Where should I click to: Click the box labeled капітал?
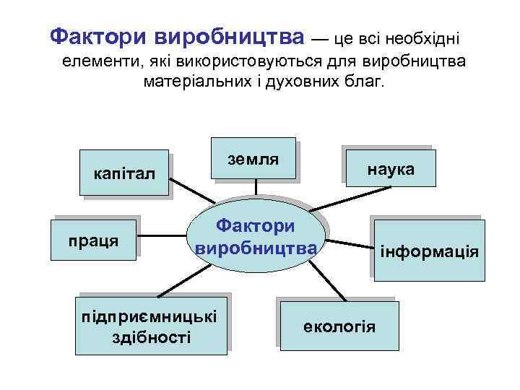click(x=124, y=173)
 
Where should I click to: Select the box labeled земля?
click(x=254, y=158)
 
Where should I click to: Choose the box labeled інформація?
click(x=429, y=251)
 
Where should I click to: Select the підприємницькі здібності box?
click(x=152, y=326)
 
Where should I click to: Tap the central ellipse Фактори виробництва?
click(x=256, y=238)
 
